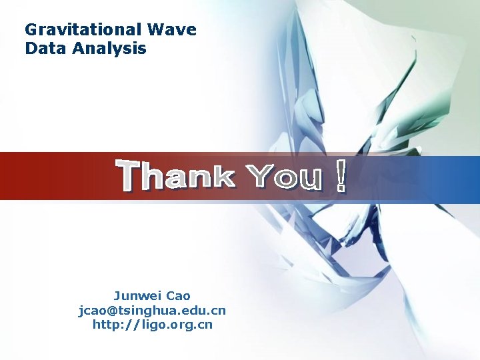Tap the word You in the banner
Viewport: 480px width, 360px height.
tap(285, 177)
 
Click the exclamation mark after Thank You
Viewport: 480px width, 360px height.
tap(341, 175)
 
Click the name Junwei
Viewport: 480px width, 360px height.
tap(137, 296)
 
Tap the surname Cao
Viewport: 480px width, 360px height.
tap(179, 296)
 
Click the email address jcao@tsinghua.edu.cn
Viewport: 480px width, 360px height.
tap(153, 311)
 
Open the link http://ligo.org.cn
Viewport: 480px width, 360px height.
tap(153, 325)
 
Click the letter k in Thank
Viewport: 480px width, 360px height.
tap(222, 177)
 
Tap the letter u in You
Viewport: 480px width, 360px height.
tap(310, 179)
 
